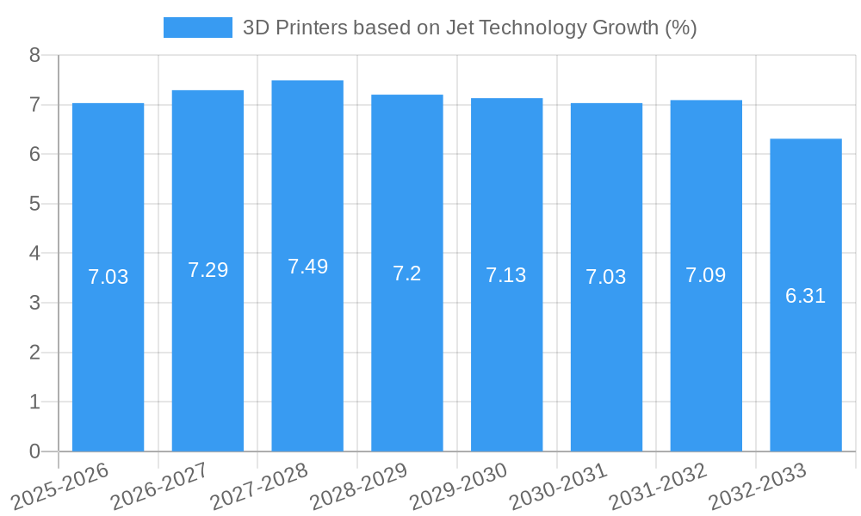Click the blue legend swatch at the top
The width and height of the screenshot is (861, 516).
pyautogui.click(x=197, y=28)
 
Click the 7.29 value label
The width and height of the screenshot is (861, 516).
pyautogui.click(x=208, y=270)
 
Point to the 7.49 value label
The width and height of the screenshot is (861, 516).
pyautogui.click(x=307, y=267)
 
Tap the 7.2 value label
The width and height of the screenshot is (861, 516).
pyautogui.click(x=407, y=273)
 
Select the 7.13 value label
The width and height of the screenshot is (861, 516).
pyautogui.click(x=506, y=275)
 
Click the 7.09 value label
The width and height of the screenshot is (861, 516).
pyautogui.click(x=706, y=275)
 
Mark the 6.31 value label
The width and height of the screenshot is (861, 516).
pyautogui.click(x=806, y=296)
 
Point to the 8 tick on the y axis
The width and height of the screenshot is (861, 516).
pyautogui.click(x=34, y=56)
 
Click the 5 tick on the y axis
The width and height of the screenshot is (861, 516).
pyautogui.click(x=34, y=205)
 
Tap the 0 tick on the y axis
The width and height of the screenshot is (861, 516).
pyautogui.click(x=34, y=451)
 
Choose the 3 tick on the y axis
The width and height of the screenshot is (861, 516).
pyautogui.click(x=34, y=304)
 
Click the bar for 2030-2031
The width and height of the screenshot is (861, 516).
pyautogui.click(x=606, y=361)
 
